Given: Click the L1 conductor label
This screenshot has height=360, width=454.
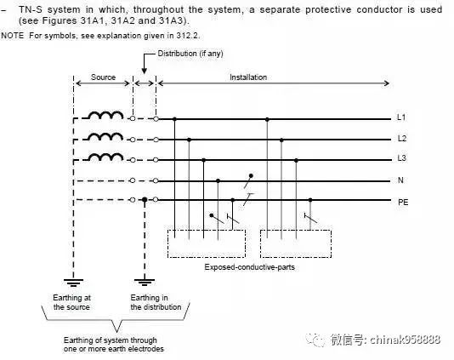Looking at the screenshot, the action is point(401,117).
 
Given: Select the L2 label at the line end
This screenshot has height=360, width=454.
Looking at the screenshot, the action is point(402,139).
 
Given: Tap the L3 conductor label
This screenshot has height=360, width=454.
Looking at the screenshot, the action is point(402,158).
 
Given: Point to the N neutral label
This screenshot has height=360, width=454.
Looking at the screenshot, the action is point(400,180).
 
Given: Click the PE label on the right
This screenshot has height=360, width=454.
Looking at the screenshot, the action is point(403,202).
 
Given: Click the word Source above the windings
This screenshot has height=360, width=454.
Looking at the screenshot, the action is point(104,77).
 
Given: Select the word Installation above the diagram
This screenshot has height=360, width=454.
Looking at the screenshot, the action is point(248,77).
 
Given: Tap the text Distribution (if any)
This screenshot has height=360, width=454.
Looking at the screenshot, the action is point(190,54).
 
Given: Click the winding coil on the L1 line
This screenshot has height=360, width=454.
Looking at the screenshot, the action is point(105,116).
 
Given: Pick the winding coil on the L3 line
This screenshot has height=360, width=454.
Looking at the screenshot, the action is point(105,157).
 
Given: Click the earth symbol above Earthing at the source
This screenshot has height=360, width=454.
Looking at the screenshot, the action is point(74,283).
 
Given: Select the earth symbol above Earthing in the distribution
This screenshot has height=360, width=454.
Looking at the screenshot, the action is point(145,283).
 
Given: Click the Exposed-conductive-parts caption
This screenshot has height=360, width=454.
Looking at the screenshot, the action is point(250,267).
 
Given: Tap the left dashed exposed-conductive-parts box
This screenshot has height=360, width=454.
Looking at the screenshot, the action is point(168,243).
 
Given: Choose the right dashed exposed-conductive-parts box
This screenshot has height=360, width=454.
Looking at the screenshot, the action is point(260,243).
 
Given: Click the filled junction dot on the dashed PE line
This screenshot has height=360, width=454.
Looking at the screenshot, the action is point(145,200).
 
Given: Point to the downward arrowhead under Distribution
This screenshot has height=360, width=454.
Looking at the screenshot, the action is point(144,71).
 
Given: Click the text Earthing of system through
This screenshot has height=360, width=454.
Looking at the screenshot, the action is point(110,340).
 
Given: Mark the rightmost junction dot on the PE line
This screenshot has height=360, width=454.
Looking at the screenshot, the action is point(310,200).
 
